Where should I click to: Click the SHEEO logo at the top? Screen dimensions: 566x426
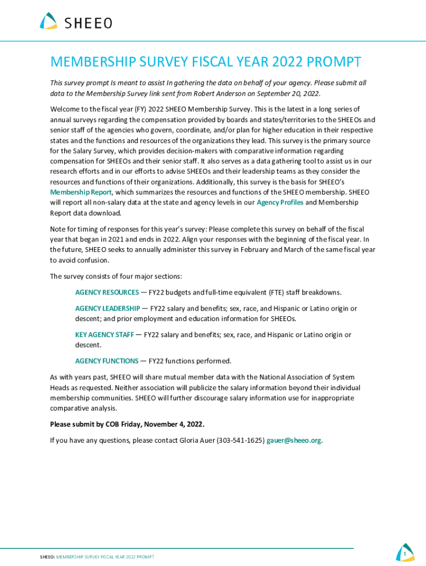(76, 22)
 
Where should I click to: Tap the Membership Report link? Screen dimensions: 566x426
(81, 192)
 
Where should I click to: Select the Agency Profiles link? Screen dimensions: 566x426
(279, 202)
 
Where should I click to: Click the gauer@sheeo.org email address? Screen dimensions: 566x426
(294, 441)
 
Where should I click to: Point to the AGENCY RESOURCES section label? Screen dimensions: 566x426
(107, 292)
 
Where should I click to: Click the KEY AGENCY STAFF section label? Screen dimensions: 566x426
(104, 334)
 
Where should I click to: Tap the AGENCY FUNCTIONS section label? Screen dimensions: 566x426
(107, 361)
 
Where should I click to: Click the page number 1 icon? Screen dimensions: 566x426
(405, 553)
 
